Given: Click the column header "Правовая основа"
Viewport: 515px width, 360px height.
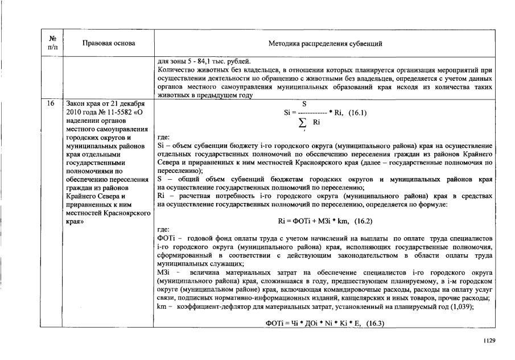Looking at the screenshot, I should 109,44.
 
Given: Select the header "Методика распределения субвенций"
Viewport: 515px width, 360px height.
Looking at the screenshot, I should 325,44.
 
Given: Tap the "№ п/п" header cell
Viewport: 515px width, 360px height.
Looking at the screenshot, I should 53,44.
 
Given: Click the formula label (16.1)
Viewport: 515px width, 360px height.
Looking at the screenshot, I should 356,113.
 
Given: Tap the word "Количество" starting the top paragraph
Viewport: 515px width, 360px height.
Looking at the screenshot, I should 175,70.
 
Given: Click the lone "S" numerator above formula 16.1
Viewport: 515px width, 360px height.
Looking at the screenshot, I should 304,104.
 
